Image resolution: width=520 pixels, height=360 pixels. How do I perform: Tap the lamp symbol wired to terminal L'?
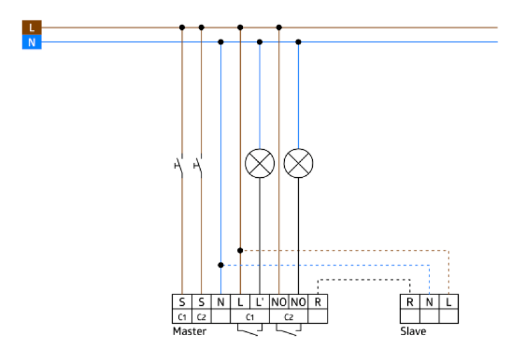pyautogui.click(x=259, y=164)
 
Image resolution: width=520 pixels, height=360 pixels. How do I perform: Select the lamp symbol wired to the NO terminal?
pyautogui.click(x=298, y=164)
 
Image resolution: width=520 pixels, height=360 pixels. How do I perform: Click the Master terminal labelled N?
pyautogui.click(x=220, y=301)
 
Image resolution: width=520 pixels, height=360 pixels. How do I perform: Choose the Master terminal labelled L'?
pyautogui.click(x=259, y=301)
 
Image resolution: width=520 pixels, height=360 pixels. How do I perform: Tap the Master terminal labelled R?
pyautogui.click(x=318, y=301)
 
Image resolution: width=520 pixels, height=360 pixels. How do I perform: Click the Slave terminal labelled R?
pyautogui.click(x=410, y=301)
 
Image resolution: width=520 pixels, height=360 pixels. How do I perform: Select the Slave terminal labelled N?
pyautogui.click(x=430, y=301)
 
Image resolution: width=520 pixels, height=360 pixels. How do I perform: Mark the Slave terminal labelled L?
pyautogui.click(x=449, y=301)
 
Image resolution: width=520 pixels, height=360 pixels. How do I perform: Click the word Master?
pyautogui.click(x=189, y=331)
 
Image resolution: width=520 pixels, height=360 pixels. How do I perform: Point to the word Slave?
pyautogui.click(x=413, y=331)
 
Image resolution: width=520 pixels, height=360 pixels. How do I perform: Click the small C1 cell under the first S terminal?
pyautogui.click(x=182, y=316)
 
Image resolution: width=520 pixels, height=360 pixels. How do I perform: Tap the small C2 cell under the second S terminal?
pyautogui.click(x=201, y=316)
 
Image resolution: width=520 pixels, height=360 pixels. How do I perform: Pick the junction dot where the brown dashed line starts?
pyautogui.click(x=240, y=250)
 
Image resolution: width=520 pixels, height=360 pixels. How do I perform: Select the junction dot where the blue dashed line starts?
pyautogui.click(x=220, y=264)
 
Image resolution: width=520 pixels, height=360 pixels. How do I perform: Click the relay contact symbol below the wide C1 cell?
pyautogui.click(x=249, y=330)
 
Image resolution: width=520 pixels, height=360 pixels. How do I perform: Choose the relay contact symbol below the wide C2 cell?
pyautogui.click(x=288, y=330)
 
